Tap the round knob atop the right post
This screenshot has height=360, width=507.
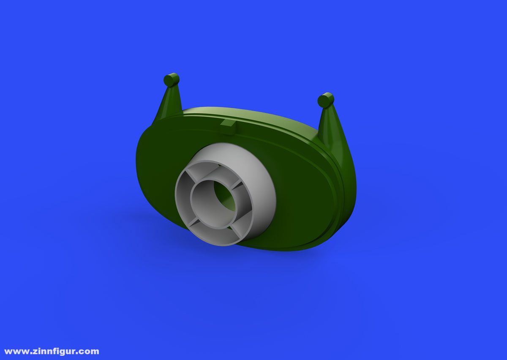tap(326, 100)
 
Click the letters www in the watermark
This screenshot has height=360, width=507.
tap(16, 352)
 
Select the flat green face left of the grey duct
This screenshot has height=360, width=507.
tap(156, 169)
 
